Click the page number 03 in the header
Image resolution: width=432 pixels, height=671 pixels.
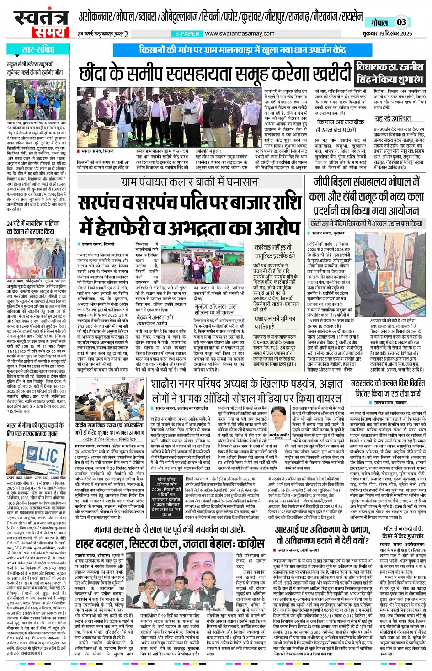click(401, 22)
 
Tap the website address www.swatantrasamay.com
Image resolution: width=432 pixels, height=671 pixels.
click(240, 33)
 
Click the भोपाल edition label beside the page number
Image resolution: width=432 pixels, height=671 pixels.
click(379, 22)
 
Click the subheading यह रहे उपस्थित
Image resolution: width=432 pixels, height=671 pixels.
click(393, 119)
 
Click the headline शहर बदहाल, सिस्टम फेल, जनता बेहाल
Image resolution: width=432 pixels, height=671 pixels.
click(170, 544)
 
